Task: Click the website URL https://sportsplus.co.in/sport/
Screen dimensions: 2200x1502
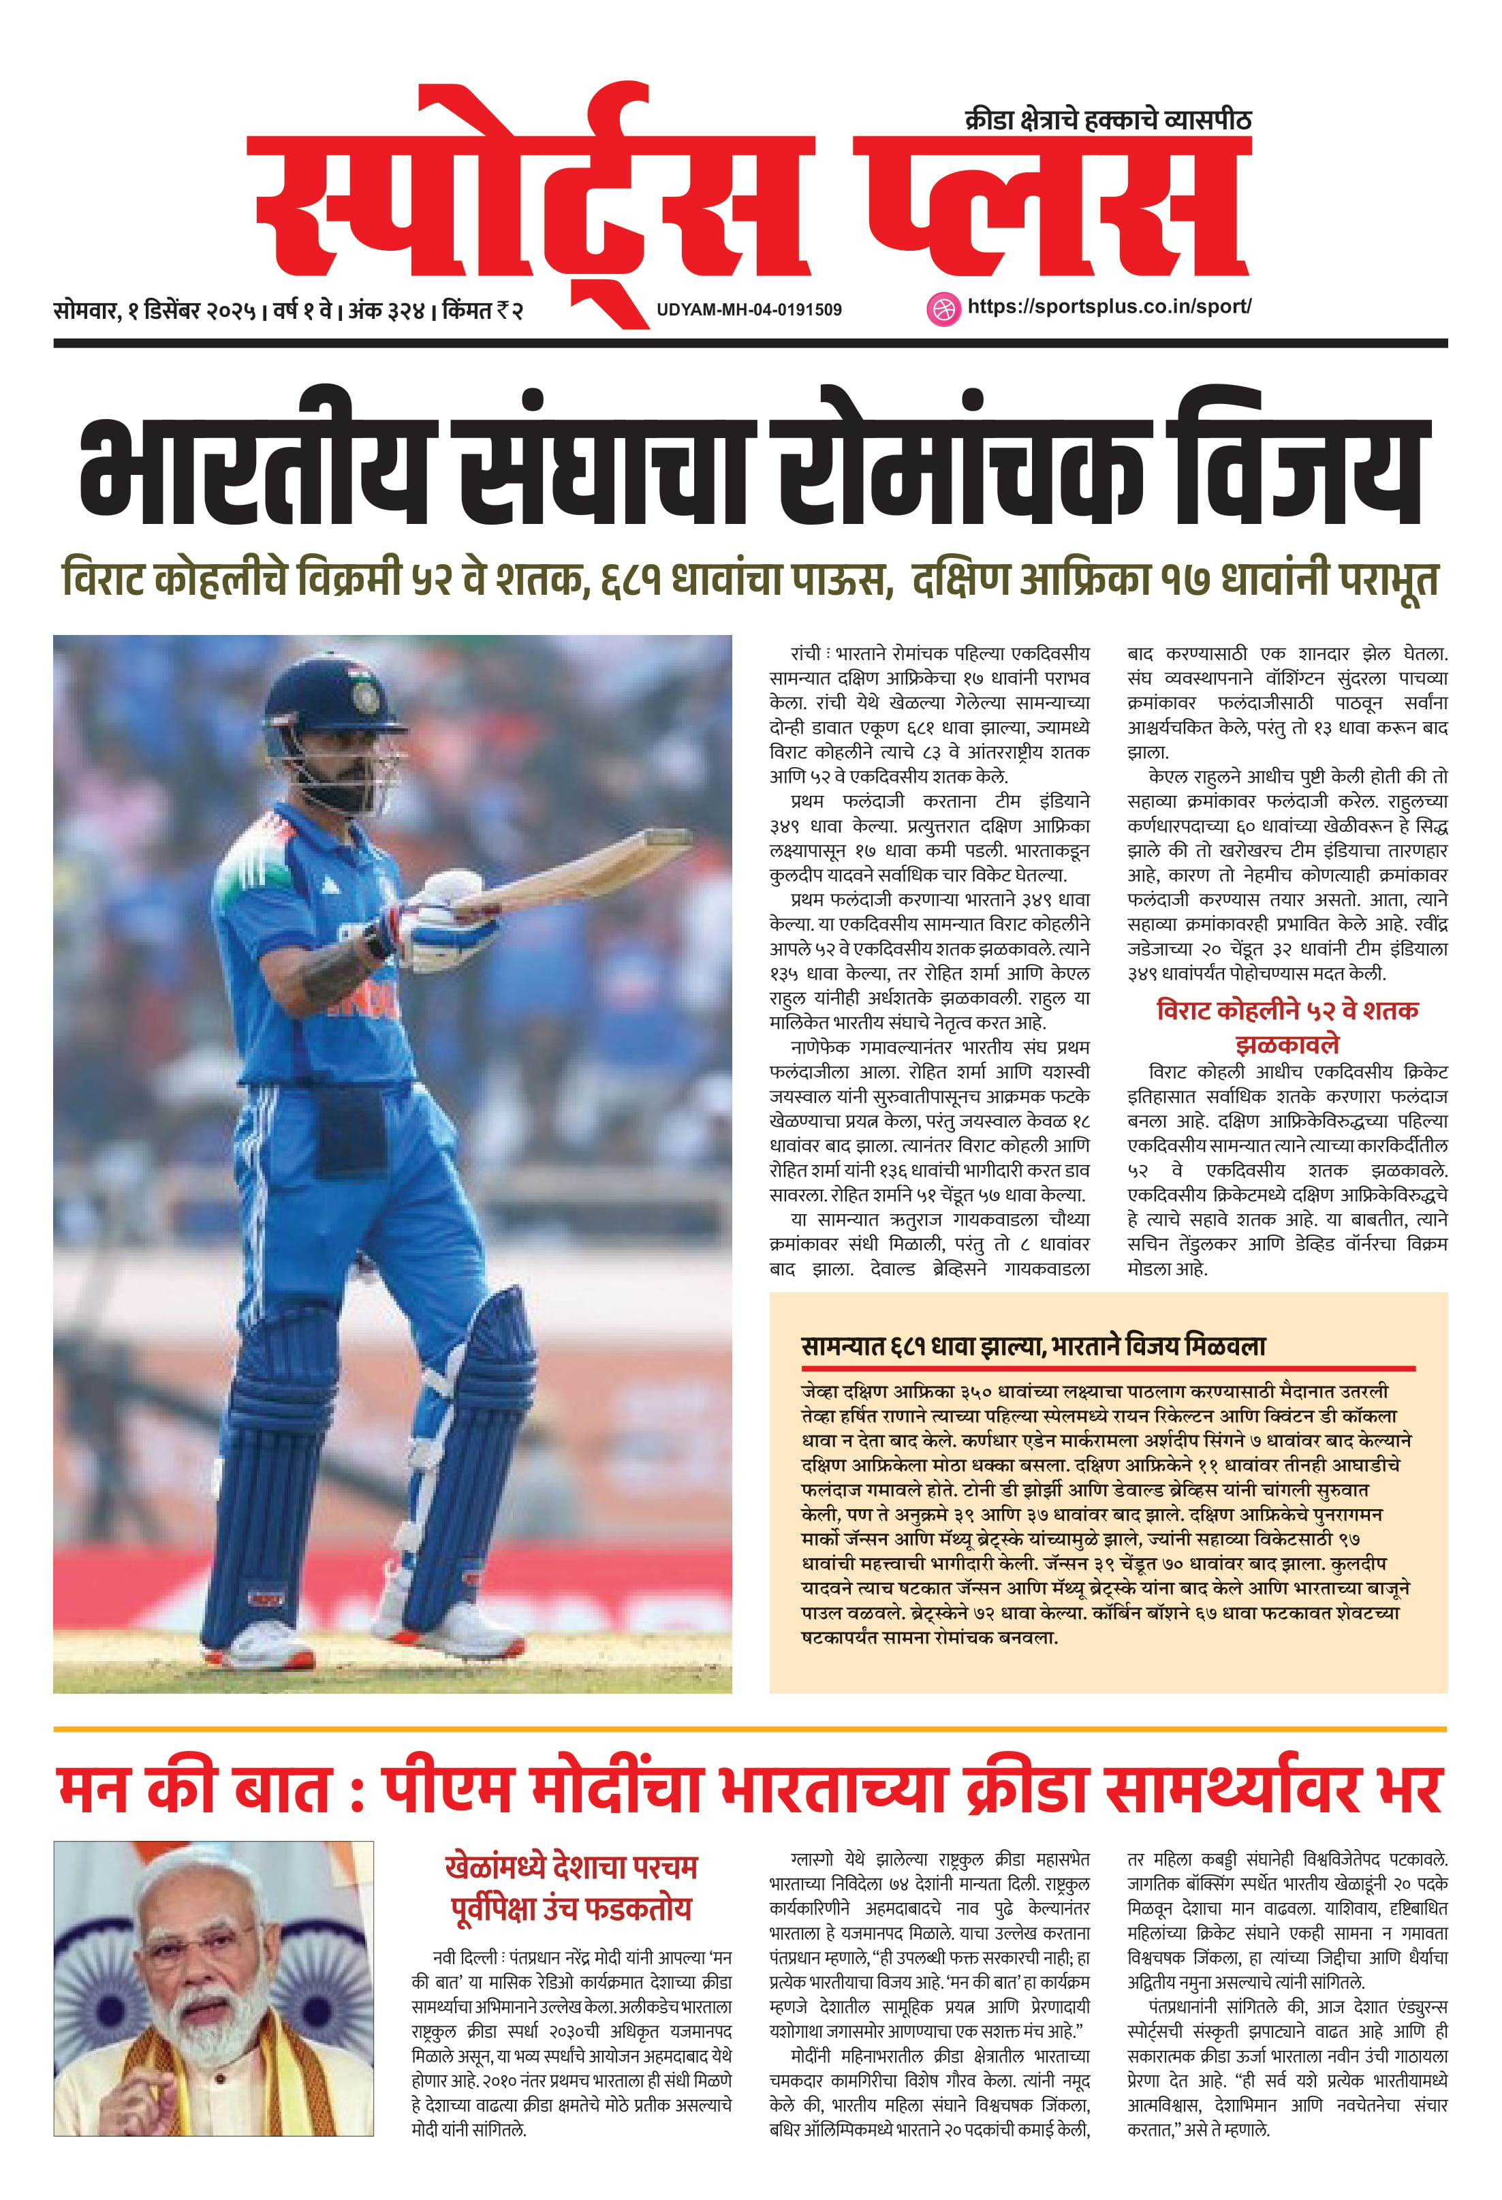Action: [1108, 307]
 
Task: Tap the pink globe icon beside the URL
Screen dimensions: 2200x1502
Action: [941, 308]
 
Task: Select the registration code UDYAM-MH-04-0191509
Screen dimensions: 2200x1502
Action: [749, 309]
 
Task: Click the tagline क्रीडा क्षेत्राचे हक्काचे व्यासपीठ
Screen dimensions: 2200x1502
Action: [1108, 120]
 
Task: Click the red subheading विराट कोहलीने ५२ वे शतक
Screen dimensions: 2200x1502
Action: [1287, 1010]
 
